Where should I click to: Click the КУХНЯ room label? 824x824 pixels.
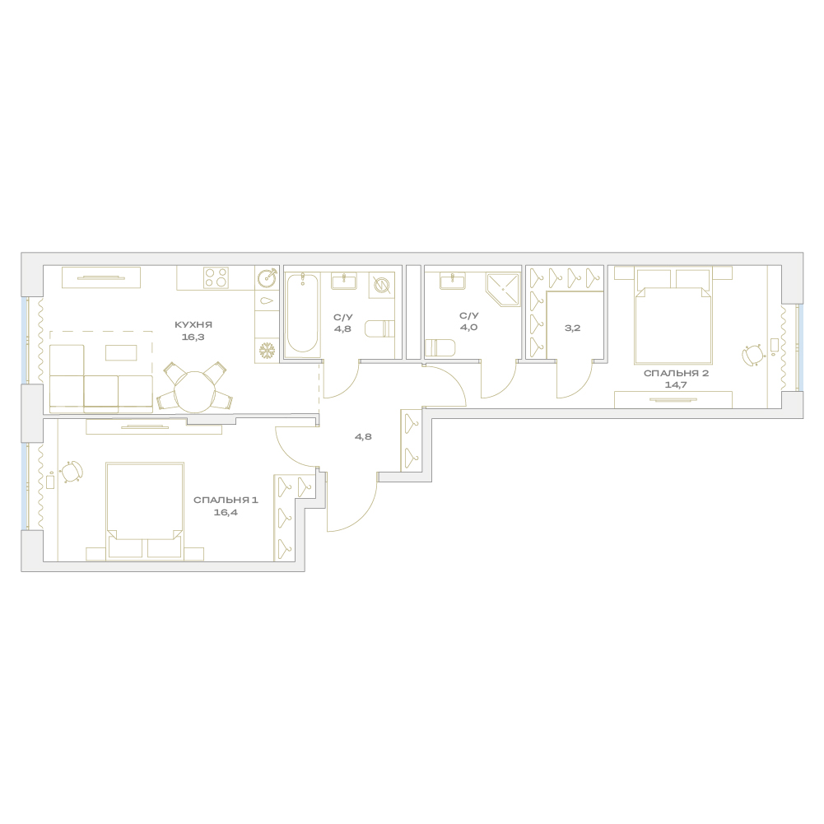(x=193, y=325)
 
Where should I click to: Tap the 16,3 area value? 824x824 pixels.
(x=193, y=337)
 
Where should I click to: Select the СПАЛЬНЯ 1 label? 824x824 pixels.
(x=226, y=500)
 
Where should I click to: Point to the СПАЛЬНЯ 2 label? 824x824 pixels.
(x=677, y=373)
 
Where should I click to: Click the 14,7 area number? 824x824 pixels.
(x=676, y=384)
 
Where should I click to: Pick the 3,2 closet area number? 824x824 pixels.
(x=572, y=328)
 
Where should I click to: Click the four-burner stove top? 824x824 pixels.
(x=216, y=277)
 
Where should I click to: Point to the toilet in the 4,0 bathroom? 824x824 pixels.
(x=438, y=348)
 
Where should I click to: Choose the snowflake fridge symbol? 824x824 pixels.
(x=268, y=350)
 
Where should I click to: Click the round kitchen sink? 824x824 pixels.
(x=268, y=278)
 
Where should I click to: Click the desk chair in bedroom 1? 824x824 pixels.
(x=72, y=470)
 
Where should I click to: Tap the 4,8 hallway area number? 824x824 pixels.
(x=363, y=437)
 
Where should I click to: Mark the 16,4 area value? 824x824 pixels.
(x=226, y=512)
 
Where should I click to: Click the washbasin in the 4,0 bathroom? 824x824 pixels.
(x=452, y=281)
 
